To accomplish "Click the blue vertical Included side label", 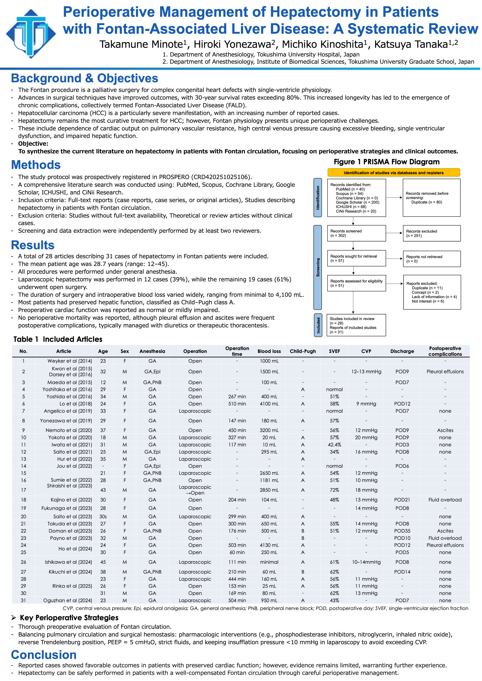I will (318, 325).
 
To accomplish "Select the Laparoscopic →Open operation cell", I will (195, 490).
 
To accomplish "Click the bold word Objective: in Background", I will (33, 144).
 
